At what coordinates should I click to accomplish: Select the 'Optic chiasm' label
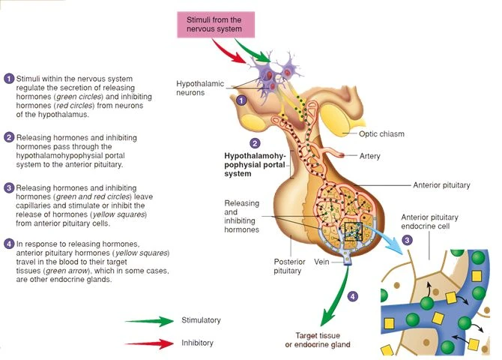coord(382,134)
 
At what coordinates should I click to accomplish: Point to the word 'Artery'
coord(369,157)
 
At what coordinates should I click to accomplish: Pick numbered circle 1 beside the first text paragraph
coord(8,79)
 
